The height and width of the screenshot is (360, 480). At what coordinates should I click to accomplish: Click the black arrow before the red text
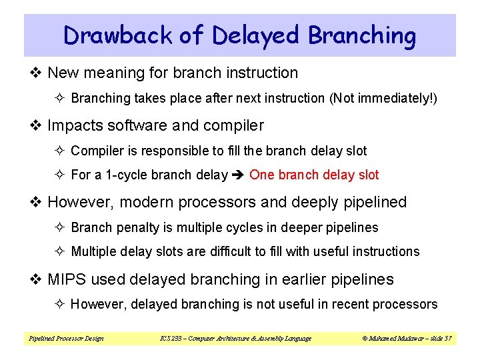238,175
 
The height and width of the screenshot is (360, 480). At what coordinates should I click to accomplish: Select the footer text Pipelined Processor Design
66,339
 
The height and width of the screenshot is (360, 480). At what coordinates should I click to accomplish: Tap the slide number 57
448,339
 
